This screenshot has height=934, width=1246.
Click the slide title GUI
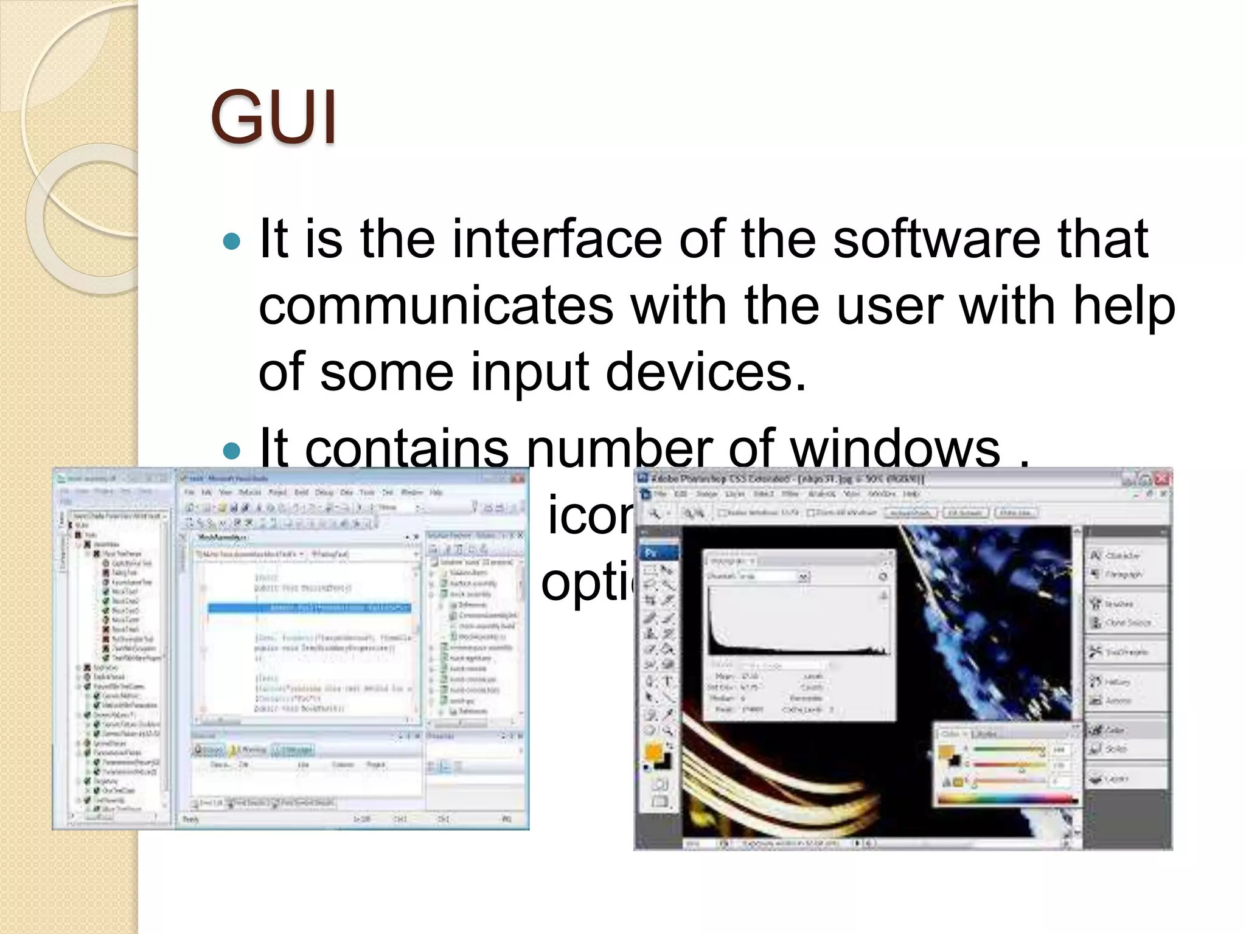[273, 117]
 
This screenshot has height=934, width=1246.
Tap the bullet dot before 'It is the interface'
[232, 242]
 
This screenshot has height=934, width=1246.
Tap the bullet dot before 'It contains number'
[232, 451]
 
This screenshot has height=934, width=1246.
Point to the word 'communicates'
[436, 305]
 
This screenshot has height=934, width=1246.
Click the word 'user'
[889, 305]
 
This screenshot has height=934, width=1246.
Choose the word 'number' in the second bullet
[619, 449]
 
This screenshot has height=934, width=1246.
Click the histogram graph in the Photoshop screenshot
[797, 620]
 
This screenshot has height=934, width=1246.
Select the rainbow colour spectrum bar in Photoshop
[1007, 798]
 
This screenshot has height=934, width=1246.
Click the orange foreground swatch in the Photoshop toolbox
[653, 752]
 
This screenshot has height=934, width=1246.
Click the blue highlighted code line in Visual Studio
[309, 607]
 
